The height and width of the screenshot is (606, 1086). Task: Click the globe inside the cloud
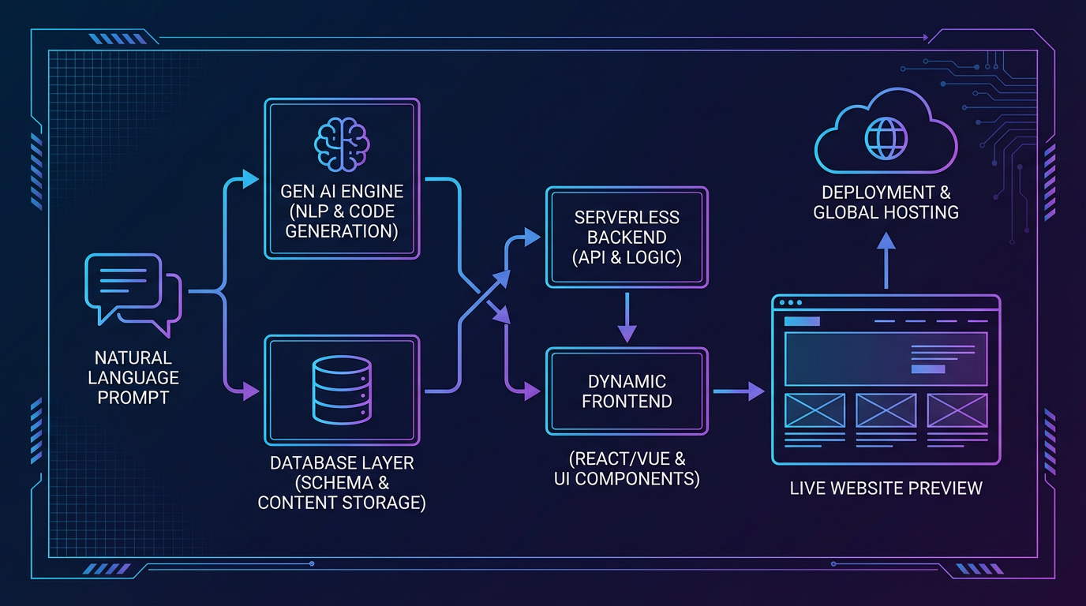click(886, 139)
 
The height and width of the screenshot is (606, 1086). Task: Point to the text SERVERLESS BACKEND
click(627, 227)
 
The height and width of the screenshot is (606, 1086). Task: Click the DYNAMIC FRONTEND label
click(627, 391)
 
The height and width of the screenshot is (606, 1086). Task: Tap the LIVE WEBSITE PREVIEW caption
click(886, 488)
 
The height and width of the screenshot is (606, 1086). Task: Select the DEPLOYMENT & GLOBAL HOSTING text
click(886, 202)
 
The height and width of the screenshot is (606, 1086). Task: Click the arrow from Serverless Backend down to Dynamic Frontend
click(627, 317)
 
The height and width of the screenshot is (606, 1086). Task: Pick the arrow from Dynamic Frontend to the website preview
click(740, 391)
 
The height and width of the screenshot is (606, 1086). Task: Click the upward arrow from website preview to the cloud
click(886, 260)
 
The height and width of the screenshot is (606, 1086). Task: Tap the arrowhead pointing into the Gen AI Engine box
click(250, 179)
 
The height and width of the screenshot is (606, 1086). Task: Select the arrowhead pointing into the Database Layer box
click(250, 391)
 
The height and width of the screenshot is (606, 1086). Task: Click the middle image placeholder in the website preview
click(886, 410)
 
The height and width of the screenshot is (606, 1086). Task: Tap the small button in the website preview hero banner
click(927, 368)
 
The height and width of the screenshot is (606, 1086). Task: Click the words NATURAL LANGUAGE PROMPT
click(133, 378)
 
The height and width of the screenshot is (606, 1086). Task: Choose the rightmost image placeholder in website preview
click(957, 410)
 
